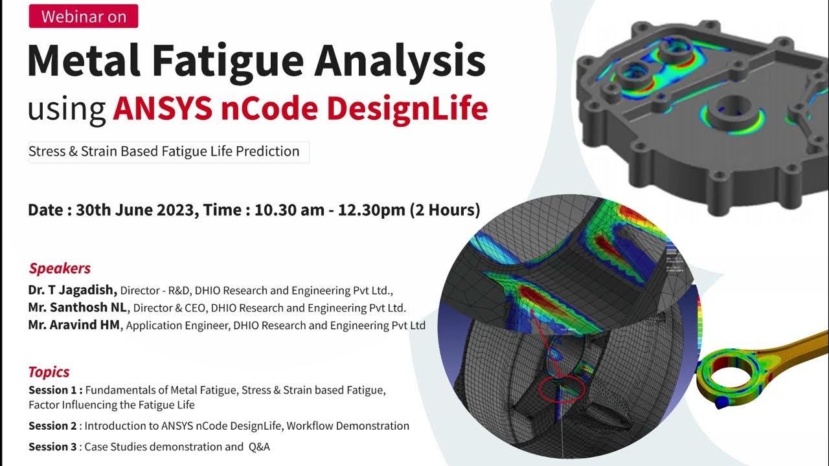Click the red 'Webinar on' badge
click(x=84, y=17)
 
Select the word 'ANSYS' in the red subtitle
click(x=162, y=109)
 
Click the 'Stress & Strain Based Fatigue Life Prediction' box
click(x=168, y=151)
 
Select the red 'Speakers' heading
click(x=60, y=269)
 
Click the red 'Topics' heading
click(x=49, y=372)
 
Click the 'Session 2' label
click(x=53, y=426)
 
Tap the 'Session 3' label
click(x=53, y=447)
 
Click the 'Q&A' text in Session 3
click(x=259, y=447)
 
